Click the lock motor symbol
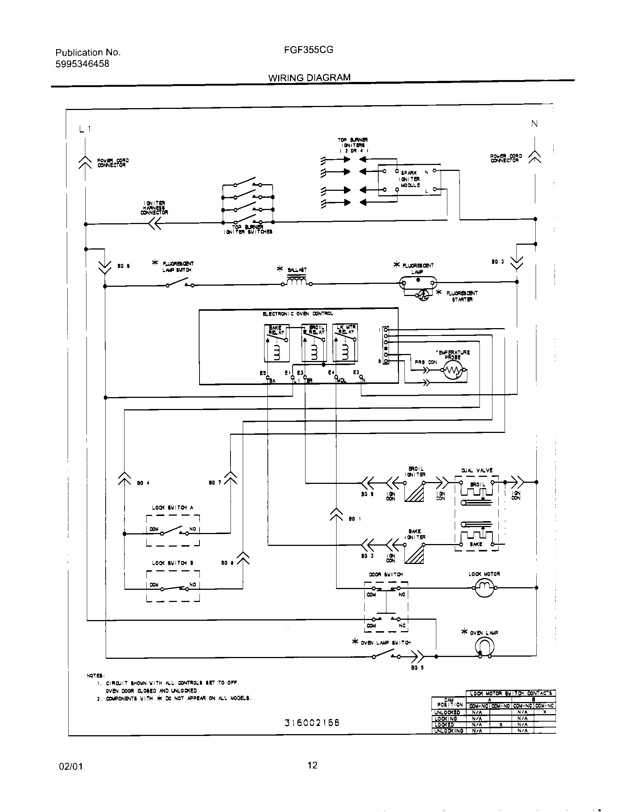484,588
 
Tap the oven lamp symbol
485,647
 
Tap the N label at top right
534,124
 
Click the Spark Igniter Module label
410,179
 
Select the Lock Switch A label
173,507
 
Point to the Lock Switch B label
173,563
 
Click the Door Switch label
386,574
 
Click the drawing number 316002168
312,723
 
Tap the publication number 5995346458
83,64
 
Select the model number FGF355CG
308,50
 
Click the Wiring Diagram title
309,78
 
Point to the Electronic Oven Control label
298,314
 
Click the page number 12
313,765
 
